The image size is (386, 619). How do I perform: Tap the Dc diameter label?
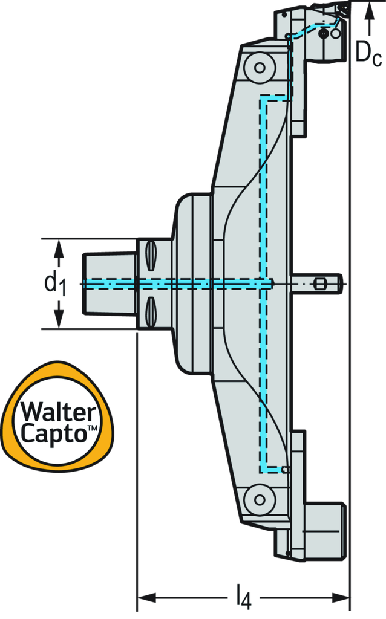[x=368, y=53]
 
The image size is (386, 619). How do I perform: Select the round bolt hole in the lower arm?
[x=260, y=499]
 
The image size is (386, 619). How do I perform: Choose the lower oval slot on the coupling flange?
[x=151, y=311]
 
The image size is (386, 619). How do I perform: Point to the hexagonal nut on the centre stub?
[x=321, y=284]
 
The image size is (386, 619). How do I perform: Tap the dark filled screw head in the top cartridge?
[x=325, y=34]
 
